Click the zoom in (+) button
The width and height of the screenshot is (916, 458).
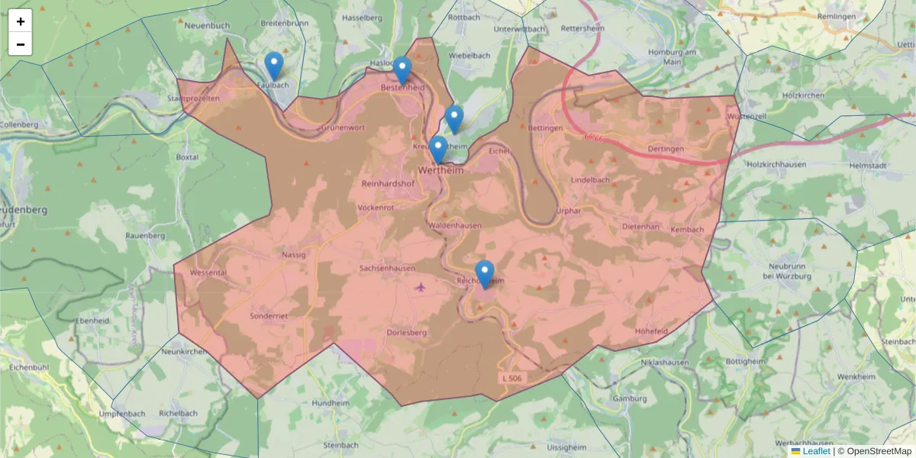(21, 21)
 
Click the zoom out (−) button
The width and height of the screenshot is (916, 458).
(21, 44)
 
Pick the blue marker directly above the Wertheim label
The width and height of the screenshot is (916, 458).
(437, 150)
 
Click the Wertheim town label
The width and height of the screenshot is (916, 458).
(440, 170)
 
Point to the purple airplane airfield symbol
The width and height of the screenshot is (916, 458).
(420, 287)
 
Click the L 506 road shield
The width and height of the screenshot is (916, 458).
(514, 378)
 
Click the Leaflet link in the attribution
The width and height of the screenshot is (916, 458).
(816, 451)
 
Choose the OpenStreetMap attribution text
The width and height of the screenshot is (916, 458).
(879, 451)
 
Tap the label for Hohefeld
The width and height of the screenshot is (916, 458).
(651, 331)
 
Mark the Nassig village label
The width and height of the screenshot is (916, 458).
(293, 255)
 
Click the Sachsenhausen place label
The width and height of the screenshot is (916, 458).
(387, 269)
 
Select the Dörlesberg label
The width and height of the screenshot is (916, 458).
(406, 333)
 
